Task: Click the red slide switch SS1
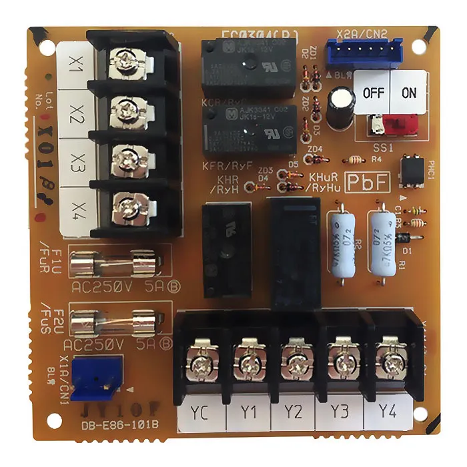[400, 123]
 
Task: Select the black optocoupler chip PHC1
[409, 169]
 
